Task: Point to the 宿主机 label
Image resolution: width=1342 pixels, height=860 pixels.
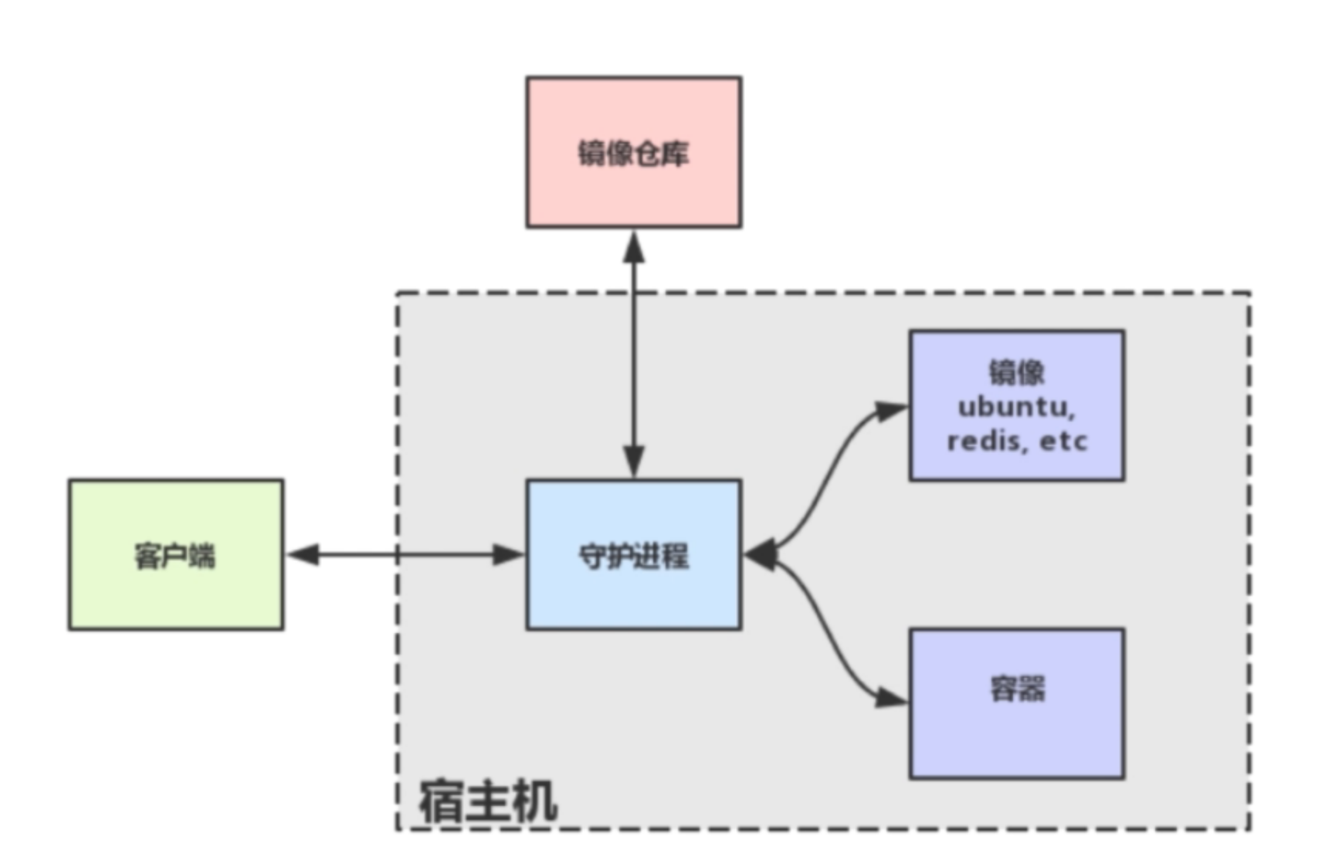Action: coord(487,801)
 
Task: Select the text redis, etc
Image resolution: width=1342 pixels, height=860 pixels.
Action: coord(1016,442)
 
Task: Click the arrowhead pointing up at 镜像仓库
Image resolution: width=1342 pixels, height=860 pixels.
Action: coord(634,247)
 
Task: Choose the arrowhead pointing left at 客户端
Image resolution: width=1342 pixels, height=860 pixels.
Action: coord(303,554)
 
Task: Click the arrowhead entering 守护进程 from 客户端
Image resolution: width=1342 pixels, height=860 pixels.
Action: coord(507,554)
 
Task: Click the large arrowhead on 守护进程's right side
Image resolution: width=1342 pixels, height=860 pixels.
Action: coord(761,554)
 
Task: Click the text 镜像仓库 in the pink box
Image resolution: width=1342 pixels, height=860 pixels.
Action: coord(633,154)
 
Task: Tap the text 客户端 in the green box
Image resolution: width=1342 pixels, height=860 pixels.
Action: coord(175,556)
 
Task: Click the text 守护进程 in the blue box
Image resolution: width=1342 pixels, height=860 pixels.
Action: coord(633,556)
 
